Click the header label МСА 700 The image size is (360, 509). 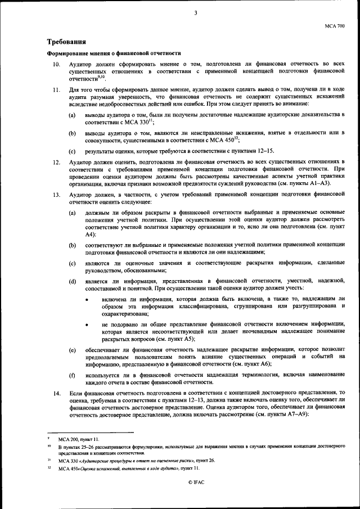tap(335, 26)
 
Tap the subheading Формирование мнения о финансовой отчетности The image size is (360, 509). tap(113, 53)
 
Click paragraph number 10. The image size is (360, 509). tap(56, 65)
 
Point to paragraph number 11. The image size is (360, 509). tap(56, 89)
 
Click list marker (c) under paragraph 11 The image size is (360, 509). tap(72, 151)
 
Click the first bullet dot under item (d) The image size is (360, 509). tap(86, 301)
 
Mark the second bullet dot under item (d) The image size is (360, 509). tap(86, 326)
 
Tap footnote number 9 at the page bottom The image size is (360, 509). tap(49, 436)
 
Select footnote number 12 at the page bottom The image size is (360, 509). tap(49, 467)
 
